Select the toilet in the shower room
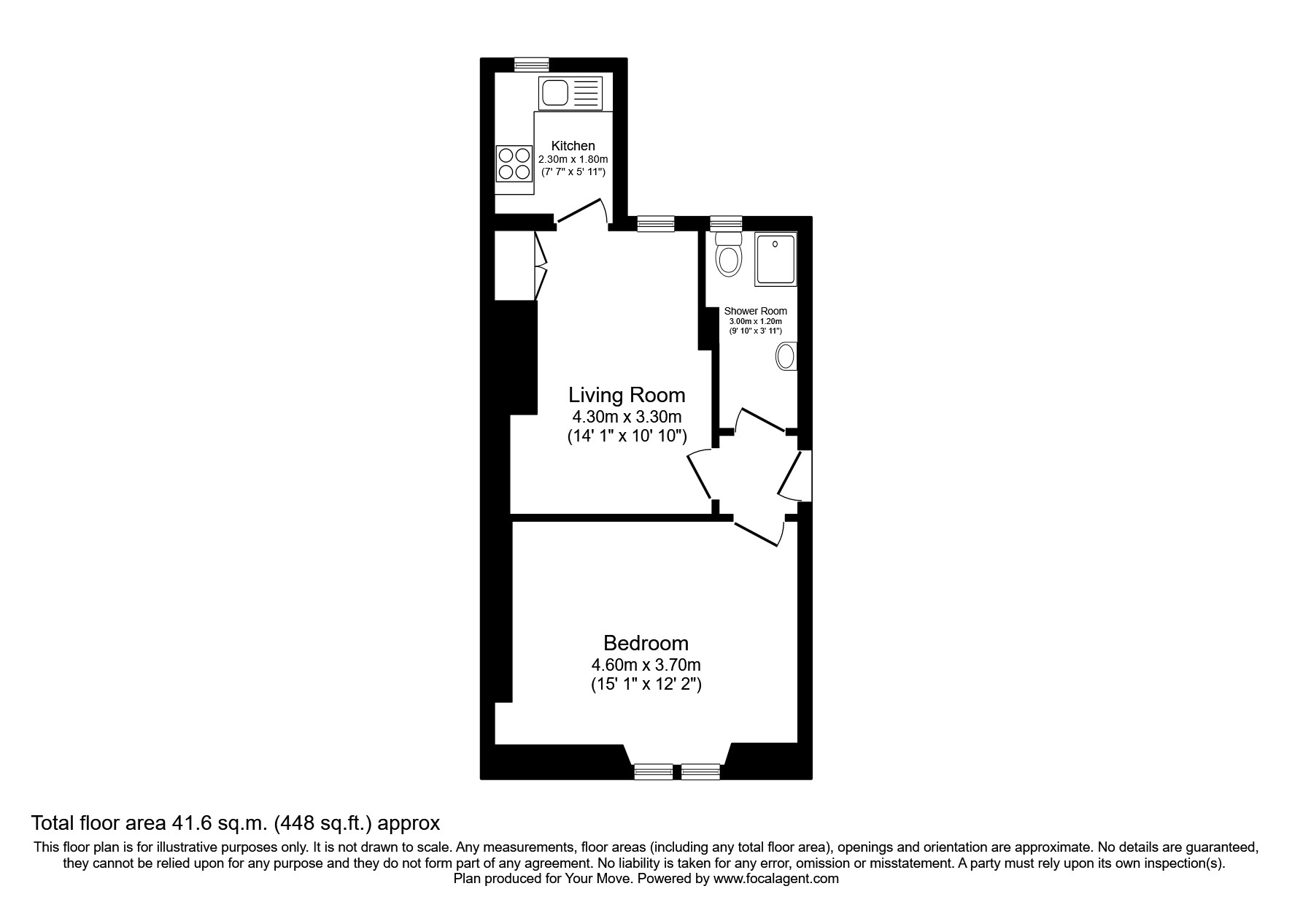click(728, 254)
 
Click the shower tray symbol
click(775, 259)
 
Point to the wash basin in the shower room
click(786, 357)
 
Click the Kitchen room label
click(573, 146)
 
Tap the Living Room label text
click(627, 395)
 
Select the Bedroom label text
click(646, 643)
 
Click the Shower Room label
click(755, 311)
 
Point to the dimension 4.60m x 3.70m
click(646, 665)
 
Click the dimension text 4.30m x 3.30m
click(627, 417)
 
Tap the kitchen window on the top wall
click(531, 64)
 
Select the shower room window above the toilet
click(726, 223)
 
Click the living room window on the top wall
click(655, 223)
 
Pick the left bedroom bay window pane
click(653, 771)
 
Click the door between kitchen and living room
click(581, 211)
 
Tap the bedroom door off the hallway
click(757, 534)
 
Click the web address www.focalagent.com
click(775, 879)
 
